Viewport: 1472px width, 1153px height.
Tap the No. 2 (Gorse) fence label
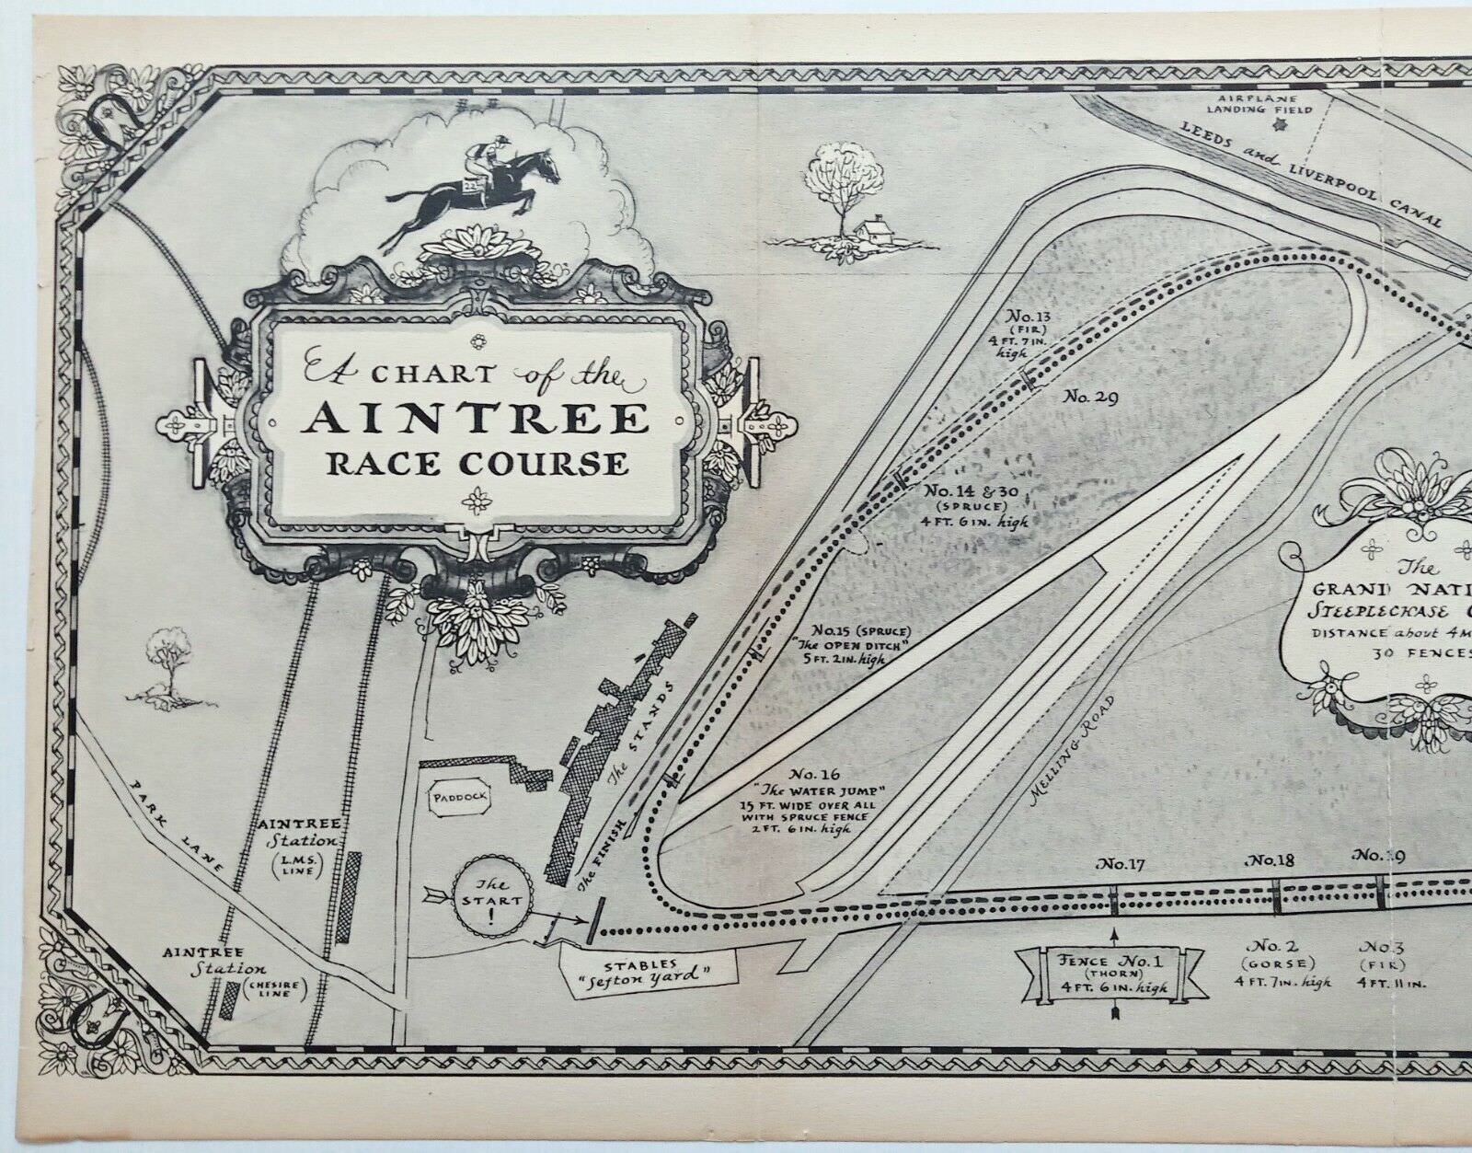pos(1279,963)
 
